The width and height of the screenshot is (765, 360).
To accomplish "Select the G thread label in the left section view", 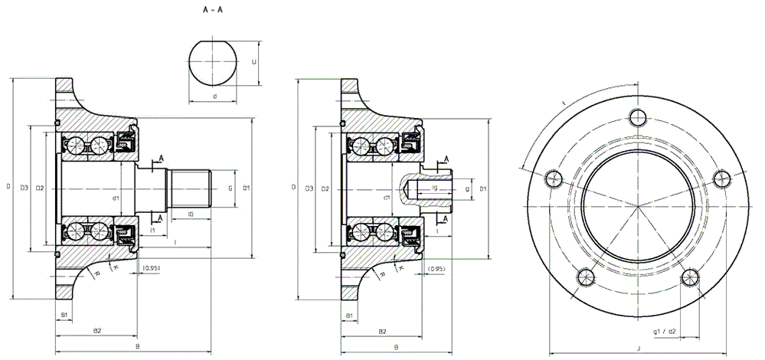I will point(230,187).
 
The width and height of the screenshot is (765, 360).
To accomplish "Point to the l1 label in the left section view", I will point(153,230).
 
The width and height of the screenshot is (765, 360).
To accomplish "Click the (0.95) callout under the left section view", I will point(152,268).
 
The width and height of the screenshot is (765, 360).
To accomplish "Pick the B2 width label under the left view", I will point(96,329).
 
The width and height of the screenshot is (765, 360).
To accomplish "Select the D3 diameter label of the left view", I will point(24,188).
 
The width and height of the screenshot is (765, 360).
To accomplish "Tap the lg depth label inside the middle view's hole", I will point(434,186).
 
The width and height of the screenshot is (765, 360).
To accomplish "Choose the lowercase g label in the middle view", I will point(467,187).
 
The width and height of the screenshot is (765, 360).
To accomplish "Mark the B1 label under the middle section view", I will point(349,315).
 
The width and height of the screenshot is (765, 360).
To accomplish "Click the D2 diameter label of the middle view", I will point(325,188).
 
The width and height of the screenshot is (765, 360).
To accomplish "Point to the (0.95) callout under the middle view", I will point(437,268).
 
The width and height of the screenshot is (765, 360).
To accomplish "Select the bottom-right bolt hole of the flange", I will point(690,276).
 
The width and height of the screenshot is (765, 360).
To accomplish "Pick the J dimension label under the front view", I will point(638,349).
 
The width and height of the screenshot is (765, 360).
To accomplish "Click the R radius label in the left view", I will point(97,273).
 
